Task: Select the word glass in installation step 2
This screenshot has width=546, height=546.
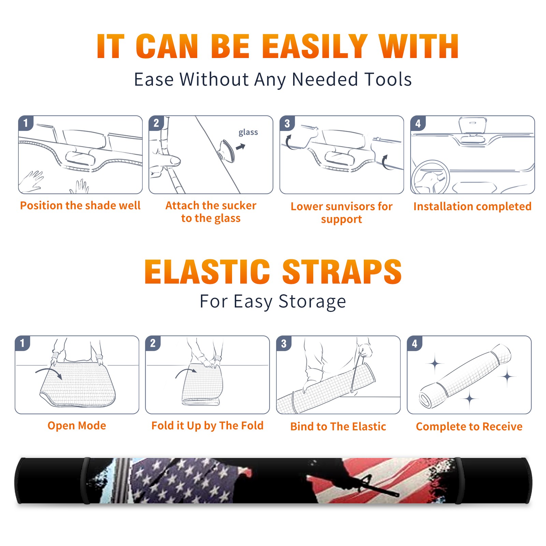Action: pyautogui.click(x=248, y=132)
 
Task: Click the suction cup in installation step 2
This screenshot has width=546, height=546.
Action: pyautogui.click(x=227, y=150)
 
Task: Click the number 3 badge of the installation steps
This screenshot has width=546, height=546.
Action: pyautogui.click(x=287, y=124)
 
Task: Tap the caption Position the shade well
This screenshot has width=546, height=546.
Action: pyautogui.click(x=80, y=205)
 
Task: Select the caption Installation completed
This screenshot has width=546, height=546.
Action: pyautogui.click(x=472, y=206)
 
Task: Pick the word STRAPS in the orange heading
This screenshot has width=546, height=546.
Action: pyautogui.click(x=342, y=272)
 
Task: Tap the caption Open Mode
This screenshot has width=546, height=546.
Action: pyautogui.click(x=77, y=426)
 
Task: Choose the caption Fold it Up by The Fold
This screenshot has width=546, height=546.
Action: pyautogui.click(x=207, y=426)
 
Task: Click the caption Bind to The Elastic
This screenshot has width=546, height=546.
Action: pyautogui.click(x=338, y=427)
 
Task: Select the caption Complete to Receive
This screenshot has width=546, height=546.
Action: pyautogui.click(x=469, y=427)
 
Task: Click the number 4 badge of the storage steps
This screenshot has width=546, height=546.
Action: pyautogui.click(x=415, y=344)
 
